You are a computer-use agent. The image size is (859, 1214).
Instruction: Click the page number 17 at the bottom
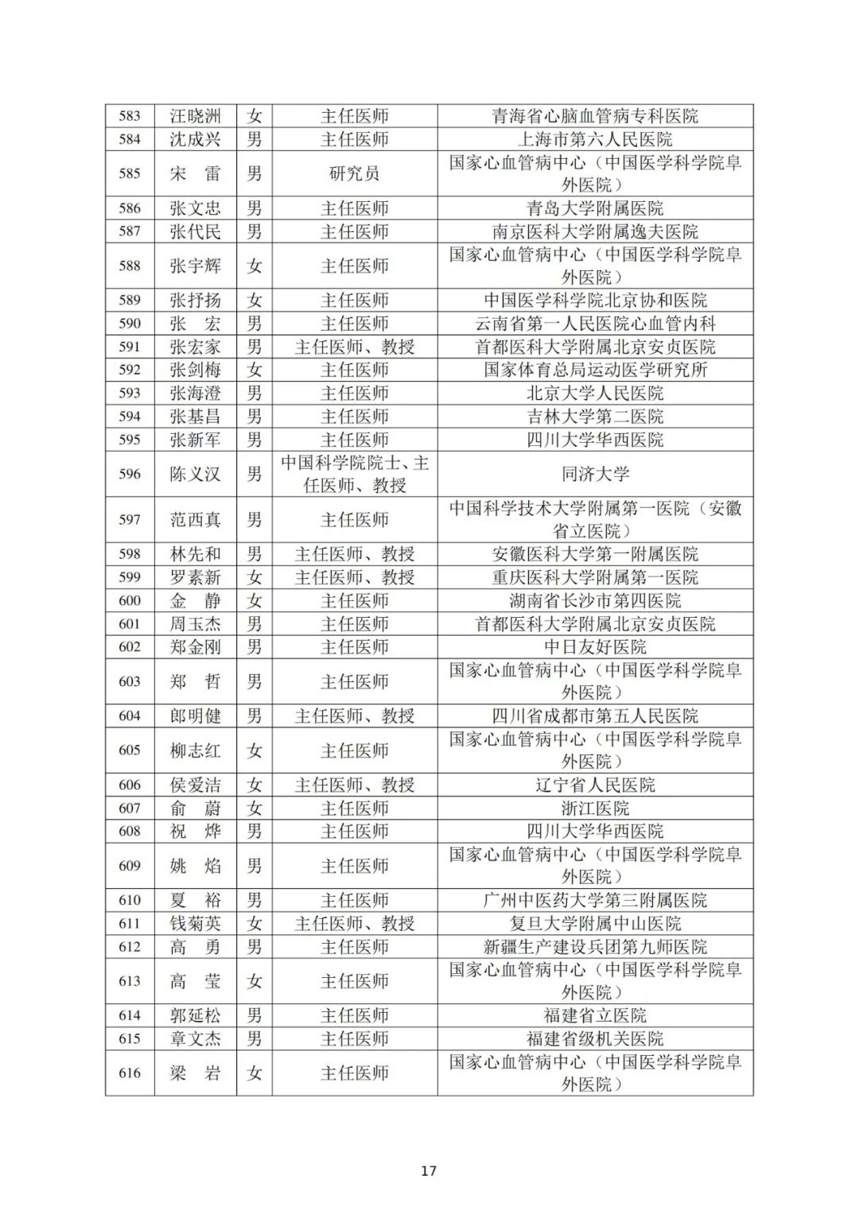(429, 1170)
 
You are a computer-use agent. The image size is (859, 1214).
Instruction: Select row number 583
(130, 116)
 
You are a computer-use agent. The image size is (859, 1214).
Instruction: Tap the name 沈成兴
(195, 139)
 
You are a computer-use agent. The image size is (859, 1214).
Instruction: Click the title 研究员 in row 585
(355, 173)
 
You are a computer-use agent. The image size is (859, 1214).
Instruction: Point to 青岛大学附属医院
(595, 208)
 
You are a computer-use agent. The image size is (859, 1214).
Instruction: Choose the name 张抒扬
(195, 301)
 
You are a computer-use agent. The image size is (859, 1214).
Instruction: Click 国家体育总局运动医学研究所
(595, 370)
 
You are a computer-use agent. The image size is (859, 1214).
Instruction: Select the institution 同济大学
(595, 474)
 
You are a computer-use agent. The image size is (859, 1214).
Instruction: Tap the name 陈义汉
(195, 474)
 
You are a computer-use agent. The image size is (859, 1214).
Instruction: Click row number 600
(130, 601)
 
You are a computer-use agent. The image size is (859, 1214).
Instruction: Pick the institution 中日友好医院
(595, 647)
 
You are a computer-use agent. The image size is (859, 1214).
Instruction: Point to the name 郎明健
(195, 716)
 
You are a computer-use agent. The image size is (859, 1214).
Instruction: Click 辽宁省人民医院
(595, 785)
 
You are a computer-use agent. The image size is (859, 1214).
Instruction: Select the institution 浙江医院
(595, 808)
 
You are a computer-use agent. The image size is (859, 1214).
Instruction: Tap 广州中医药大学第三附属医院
(595, 900)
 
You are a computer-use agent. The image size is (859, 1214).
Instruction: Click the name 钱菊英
(195, 923)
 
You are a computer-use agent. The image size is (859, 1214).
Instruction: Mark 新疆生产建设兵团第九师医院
(595, 947)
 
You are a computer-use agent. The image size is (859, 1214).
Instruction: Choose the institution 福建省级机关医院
(595, 1038)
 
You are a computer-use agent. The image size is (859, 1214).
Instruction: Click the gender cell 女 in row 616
(255, 1073)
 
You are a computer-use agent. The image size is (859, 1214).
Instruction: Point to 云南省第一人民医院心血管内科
(595, 324)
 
